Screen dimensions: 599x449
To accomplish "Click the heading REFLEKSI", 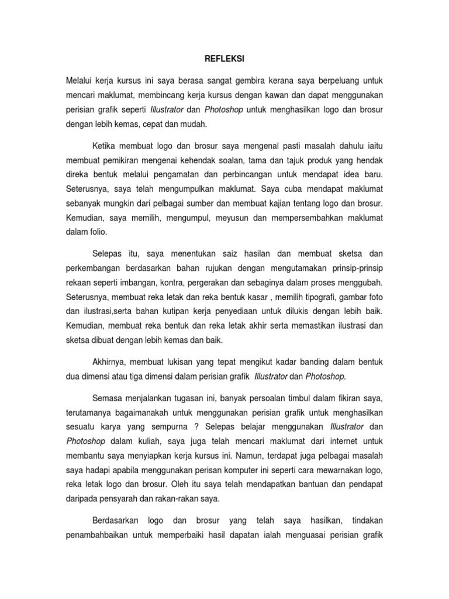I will coord(224,59).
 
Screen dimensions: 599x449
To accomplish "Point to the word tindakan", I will coord(365,520).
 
